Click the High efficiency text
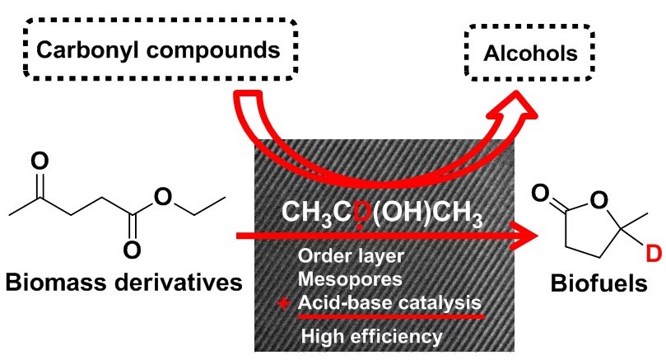tap(372, 335)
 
